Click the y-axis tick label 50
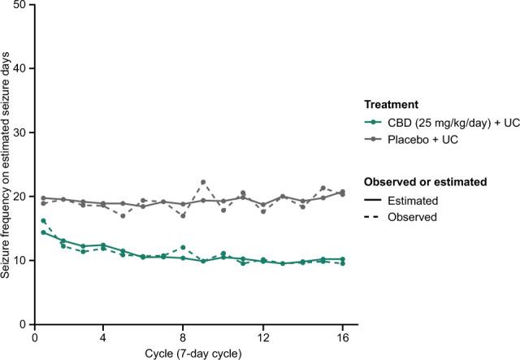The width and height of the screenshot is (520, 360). click(20, 6)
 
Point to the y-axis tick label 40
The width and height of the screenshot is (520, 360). click(20, 69)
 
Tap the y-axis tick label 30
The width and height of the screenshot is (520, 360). click(20, 132)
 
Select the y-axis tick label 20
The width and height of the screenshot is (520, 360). click(20, 197)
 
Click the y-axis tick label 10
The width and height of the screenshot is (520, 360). click(20, 260)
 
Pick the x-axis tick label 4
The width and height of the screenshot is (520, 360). click(103, 336)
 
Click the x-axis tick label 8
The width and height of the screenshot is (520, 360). click(183, 336)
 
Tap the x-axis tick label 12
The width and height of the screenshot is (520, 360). click(262, 336)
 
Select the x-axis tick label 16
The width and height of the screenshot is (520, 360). click(342, 336)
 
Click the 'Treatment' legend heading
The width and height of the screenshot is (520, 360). click(391, 105)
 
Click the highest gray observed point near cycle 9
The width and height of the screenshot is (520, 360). click(203, 182)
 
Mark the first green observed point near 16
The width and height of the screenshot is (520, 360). click(43, 221)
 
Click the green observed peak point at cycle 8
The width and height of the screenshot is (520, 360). click(183, 247)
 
